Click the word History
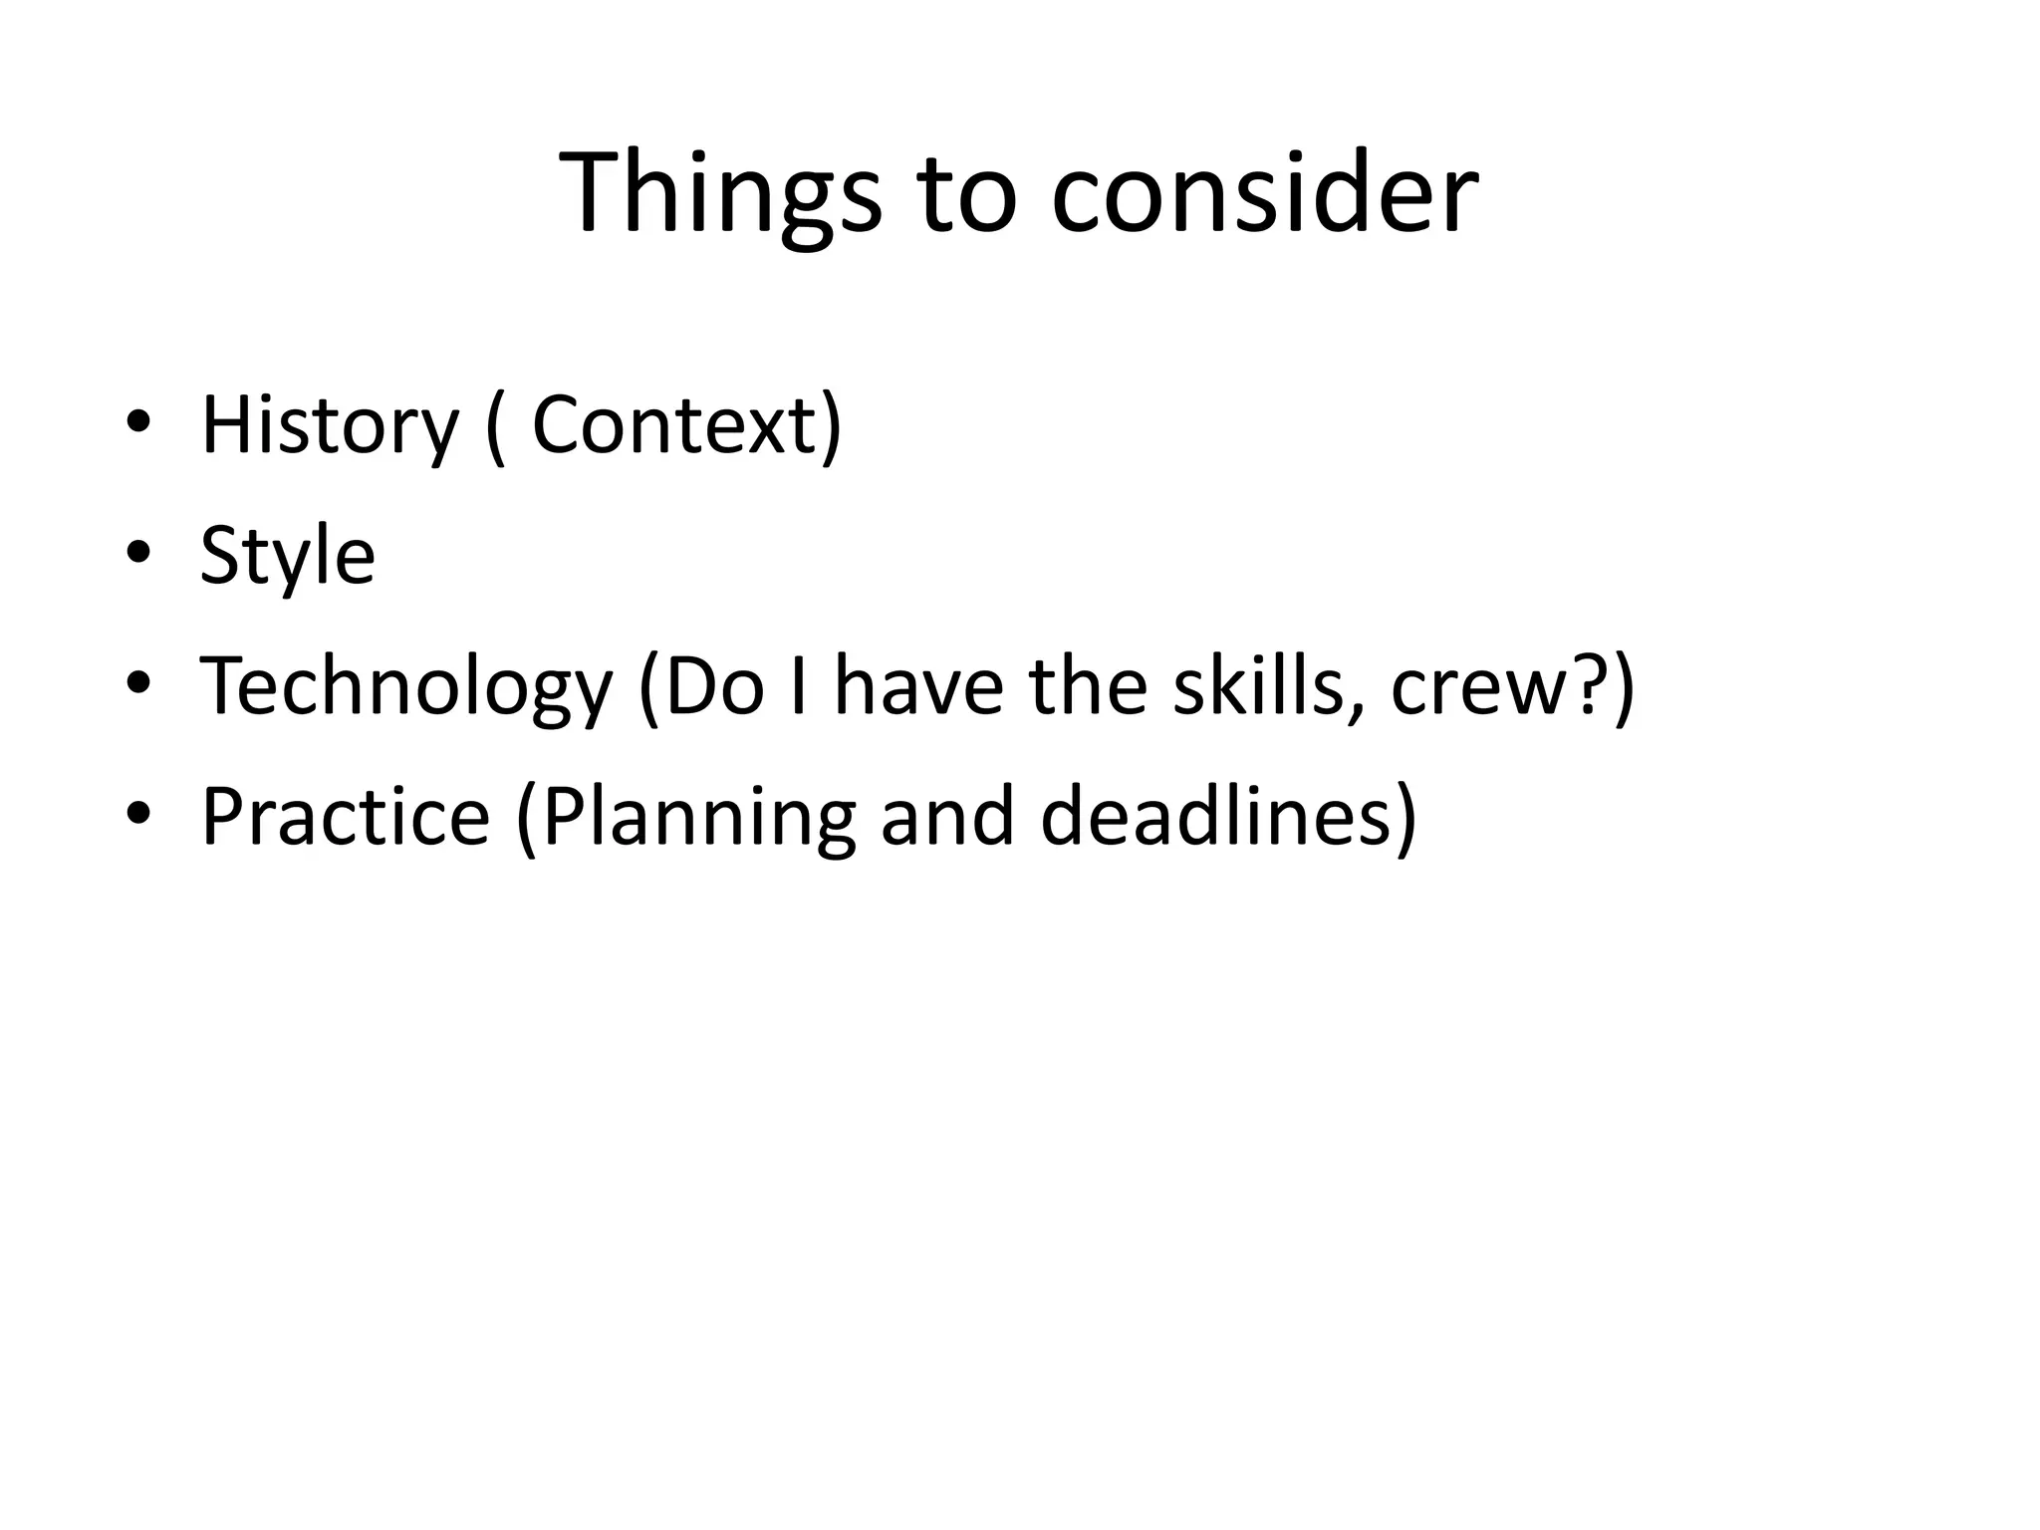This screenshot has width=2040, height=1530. click(x=330, y=426)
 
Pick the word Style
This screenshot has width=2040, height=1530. click(x=288, y=556)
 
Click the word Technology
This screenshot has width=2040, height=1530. click(x=405, y=687)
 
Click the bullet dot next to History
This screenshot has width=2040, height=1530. click(x=138, y=422)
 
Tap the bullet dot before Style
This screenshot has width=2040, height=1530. click(x=138, y=552)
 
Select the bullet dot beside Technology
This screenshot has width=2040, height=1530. click(x=138, y=683)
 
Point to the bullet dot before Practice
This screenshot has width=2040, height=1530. click(x=138, y=813)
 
